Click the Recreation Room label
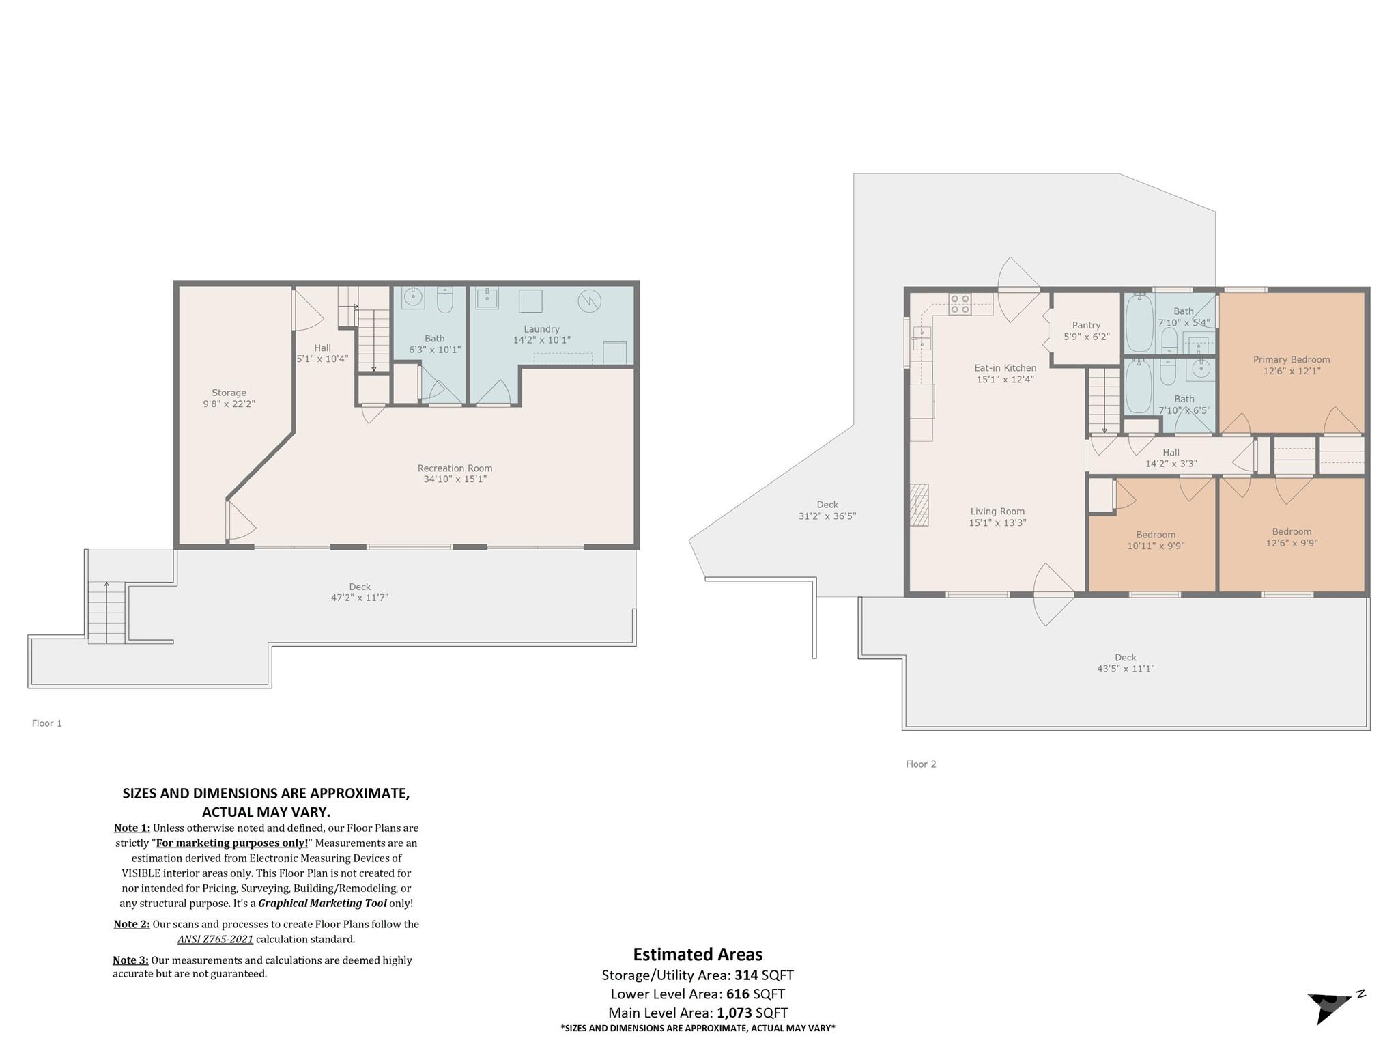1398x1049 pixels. [x=455, y=468]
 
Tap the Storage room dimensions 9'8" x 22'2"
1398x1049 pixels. [x=229, y=404]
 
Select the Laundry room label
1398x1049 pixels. [x=541, y=329]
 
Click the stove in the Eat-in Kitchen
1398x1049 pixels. [x=960, y=304]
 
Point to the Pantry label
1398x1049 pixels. [x=1086, y=326]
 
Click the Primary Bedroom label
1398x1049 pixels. [x=1291, y=360]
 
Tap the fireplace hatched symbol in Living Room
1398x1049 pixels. [x=919, y=505]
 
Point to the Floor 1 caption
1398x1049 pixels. [x=47, y=723]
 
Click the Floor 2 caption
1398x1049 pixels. [x=921, y=764]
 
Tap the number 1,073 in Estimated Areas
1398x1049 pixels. [x=734, y=1013]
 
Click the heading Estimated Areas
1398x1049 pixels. [x=698, y=955]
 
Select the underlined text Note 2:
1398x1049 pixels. [x=131, y=925]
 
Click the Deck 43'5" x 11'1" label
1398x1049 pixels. [x=1125, y=663]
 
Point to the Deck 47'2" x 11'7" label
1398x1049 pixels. [x=360, y=592]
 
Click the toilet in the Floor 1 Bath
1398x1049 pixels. [x=444, y=300]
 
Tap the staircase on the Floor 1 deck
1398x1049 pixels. [x=106, y=613]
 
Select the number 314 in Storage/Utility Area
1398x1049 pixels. [x=746, y=975]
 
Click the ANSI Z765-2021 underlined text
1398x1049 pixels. [x=215, y=939]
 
